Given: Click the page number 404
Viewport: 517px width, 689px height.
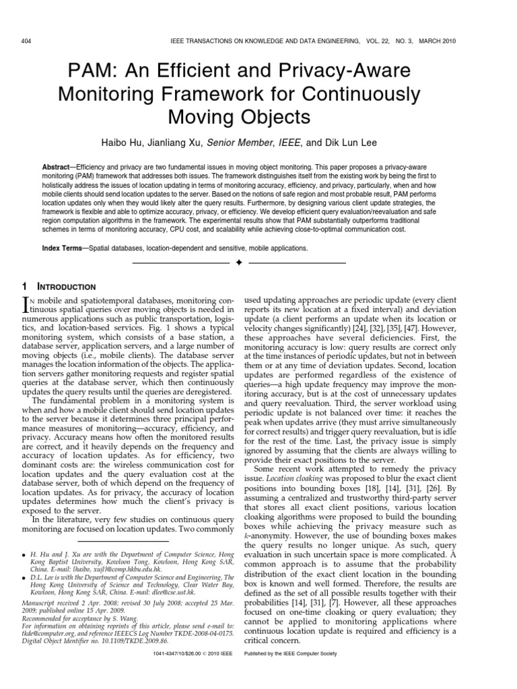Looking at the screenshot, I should (x=28, y=40).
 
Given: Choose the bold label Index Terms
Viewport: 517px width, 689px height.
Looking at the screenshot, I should (x=61, y=248).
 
